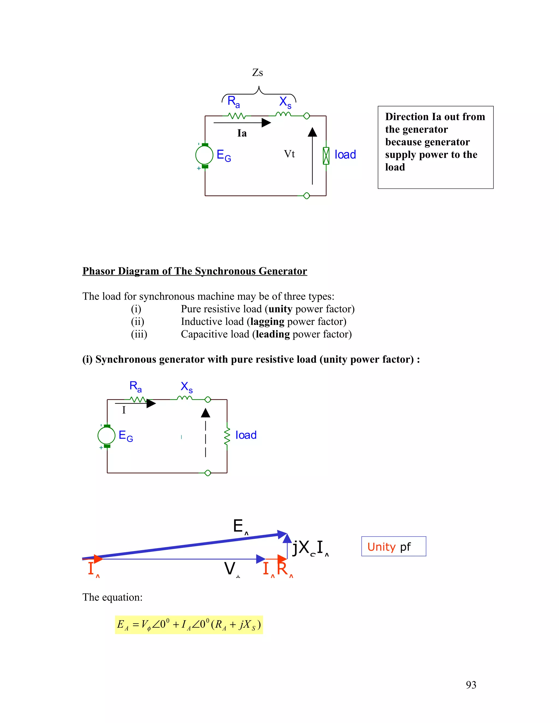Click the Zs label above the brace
tap(257, 73)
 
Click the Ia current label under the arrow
tap(242, 133)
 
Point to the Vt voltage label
tap(289, 154)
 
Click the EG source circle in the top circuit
tap(204, 155)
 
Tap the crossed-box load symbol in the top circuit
tap(326, 156)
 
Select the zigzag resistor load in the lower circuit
tap(227, 436)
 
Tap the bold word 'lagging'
tap(267, 321)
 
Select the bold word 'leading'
tap(273, 334)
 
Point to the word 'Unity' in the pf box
tap(381, 547)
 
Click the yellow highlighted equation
tap(189, 625)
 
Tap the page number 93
tap(471, 685)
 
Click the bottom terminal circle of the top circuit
tap(307, 196)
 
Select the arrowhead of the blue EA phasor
tap(283, 534)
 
